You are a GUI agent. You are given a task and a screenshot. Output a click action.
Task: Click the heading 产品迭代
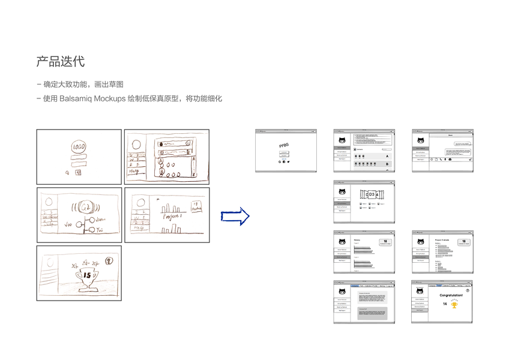61,61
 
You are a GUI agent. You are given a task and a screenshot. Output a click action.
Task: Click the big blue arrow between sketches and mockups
235,216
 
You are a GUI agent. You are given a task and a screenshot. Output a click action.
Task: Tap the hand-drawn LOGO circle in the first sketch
79,146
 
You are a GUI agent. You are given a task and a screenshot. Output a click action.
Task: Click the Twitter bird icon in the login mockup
288,161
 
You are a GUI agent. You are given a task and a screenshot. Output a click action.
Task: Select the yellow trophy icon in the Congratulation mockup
454,305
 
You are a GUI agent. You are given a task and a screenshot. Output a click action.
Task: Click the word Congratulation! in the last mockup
451,295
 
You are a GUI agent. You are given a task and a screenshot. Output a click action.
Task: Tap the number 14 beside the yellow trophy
445,304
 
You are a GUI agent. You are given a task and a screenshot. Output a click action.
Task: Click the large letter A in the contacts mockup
387,156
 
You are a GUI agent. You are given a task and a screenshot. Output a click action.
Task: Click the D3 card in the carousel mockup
371,194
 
